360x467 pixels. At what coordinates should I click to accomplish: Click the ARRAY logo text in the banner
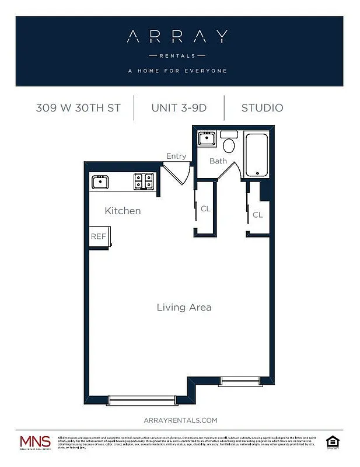pos(177,37)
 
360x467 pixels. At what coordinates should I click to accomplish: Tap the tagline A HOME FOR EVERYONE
pos(177,71)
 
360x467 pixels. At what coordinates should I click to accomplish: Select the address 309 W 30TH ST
pos(78,108)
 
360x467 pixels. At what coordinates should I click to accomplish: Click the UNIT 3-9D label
pos(179,108)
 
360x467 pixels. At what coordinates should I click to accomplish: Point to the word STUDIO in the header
pos(262,108)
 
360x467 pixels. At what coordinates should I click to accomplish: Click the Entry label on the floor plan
pos(176,156)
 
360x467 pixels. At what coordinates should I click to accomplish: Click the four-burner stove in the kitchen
pos(144,182)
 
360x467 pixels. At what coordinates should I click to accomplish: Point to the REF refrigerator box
pos(98,236)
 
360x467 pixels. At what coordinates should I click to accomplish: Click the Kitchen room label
pos(123,211)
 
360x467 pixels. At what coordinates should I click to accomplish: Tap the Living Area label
pos(184,307)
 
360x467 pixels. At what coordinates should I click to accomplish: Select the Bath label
pos(218,161)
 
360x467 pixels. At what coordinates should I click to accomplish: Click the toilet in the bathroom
pos(229,145)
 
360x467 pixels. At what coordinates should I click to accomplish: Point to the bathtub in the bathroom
pos(256,155)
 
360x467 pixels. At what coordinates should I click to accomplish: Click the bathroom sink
pos(207,139)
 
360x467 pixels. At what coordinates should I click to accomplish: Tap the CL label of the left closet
pos(205,208)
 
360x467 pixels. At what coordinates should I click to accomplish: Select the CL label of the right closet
pos(257,215)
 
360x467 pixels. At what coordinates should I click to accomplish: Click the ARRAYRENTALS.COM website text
pos(180,420)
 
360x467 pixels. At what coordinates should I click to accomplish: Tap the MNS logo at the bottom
pos(35,442)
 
